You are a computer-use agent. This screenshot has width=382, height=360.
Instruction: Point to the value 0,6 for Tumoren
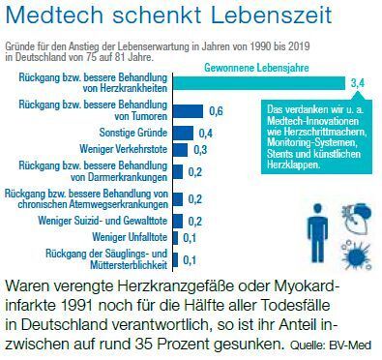click(217, 112)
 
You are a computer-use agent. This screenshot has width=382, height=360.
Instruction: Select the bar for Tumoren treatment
click(190, 112)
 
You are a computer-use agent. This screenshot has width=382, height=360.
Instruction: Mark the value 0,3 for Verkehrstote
click(200, 150)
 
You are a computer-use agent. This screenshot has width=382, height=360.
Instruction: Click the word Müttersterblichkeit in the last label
click(117, 265)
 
